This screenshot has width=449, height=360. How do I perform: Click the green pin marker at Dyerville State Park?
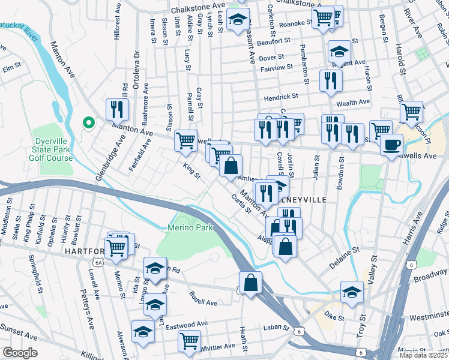point(88,124)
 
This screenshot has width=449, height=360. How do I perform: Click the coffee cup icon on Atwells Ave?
point(392,145)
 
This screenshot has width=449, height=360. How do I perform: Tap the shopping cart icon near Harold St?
point(411,111)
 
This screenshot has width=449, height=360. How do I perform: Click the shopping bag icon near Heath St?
point(250,283)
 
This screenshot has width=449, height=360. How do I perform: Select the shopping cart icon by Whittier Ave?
point(190,341)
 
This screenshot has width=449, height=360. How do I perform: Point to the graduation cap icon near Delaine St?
point(352,292)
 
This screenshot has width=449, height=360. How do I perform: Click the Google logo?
point(19,353)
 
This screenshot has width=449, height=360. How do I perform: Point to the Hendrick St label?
point(283,97)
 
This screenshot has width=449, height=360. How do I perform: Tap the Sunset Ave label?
point(20,328)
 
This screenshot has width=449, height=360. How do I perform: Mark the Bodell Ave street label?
point(203,302)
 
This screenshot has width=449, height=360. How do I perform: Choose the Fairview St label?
point(276,68)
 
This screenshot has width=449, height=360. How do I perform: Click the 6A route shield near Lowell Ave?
point(98,262)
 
